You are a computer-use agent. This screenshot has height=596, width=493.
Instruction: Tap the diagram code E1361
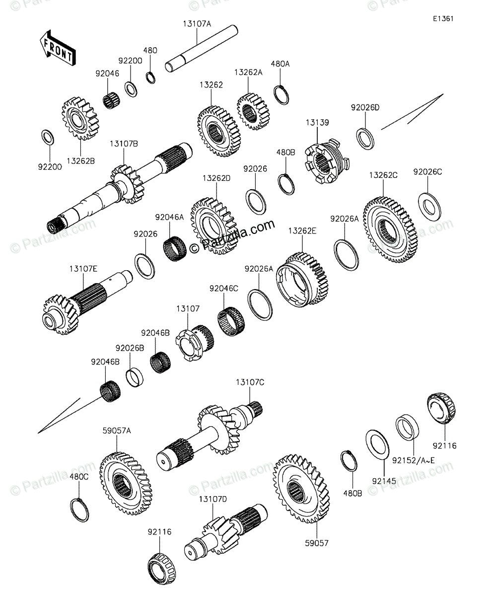tap(443, 19)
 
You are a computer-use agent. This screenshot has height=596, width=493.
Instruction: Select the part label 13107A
tap(197, 23)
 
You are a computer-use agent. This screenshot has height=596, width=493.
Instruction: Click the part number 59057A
tap(117, 431)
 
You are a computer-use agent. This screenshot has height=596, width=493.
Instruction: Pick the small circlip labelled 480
tap(151, 77)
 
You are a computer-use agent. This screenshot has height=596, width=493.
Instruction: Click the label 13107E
tap(83, 269)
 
